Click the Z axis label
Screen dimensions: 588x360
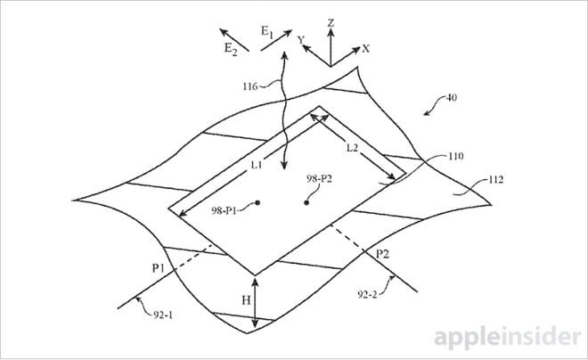(x=331, y=23)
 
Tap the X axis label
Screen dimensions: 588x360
(x=365, y=48)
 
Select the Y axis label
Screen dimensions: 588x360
(x=301, y=39)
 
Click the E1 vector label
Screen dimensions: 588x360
(x=267, y=32)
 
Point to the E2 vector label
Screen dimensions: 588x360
(x=231, y=49)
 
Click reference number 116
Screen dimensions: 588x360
(x=250, y=86)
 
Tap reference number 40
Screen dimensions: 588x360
(x=452, y=98)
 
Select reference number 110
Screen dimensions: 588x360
(x=455, y=156)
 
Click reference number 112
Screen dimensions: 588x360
(x=495, y=180)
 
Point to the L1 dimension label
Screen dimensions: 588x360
(x=257, y=165)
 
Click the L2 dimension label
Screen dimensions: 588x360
(x=352, y=148)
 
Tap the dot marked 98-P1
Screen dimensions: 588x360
(x=257, y=203)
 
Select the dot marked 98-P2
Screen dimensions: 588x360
(x=306, y=203)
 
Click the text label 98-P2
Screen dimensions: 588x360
(x=319, y=178)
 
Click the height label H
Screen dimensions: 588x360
(x=246, y=300)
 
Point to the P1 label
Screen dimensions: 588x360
(x=159, y=268)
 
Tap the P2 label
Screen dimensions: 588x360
(x=382, y=255)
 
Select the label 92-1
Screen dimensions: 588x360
(x=163, y=315)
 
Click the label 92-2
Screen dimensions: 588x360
(x=367, y=294)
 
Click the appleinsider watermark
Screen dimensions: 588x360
(x=508, y=337)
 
